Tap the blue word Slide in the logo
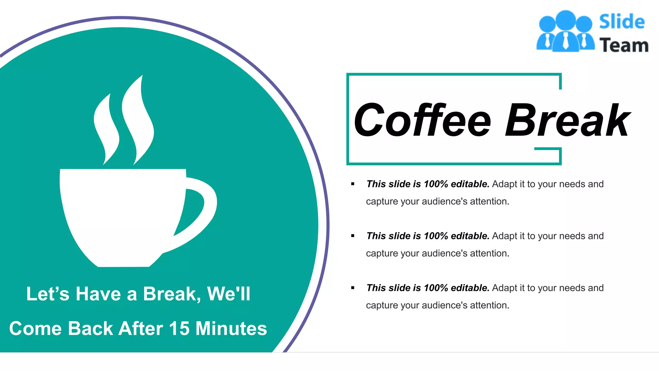click(x=622, y=22)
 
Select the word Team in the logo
click(x=624, y=45)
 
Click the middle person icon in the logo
click(x=565, y=31)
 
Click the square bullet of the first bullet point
click(x=353, y=184)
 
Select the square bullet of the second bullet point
click(x=353, y=236)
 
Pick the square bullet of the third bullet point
click(x=353, y=288)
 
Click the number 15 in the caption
click(x=179, y=328)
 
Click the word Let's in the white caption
click(x=48, y=294)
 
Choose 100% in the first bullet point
click(x=436, y=184)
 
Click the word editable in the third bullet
click(x=470, y=288)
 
